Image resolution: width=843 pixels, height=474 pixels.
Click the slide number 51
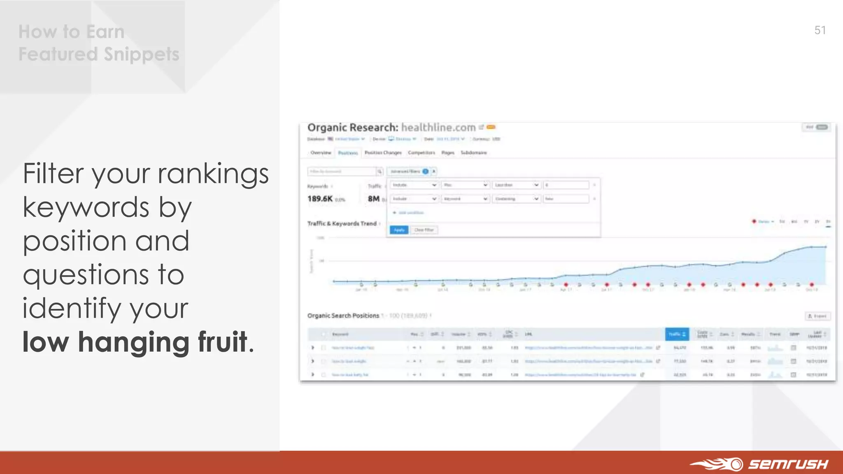coord(820,30)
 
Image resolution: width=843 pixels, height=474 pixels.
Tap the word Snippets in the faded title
coord(141,54)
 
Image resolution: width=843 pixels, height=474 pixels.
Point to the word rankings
coord(213,174)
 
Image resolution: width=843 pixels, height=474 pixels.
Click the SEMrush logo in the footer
coord(760,464)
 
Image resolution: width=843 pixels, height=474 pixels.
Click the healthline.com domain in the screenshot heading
coord(438,128)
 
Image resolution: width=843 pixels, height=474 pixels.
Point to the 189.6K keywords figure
coord(320,199)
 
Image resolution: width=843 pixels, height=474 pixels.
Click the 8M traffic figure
coord(373,199)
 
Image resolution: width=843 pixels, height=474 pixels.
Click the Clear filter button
coord(424,230)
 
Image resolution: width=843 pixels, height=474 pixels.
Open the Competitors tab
coord(421,153)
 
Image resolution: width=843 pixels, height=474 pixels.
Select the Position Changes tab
coord(383,153)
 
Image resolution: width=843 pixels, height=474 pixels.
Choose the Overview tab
coord(321,153)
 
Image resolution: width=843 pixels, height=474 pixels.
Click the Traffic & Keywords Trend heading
coord(342,223)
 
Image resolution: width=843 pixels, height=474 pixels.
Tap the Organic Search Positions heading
coord(343,316)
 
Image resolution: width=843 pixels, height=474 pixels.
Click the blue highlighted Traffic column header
coord(677,334)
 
